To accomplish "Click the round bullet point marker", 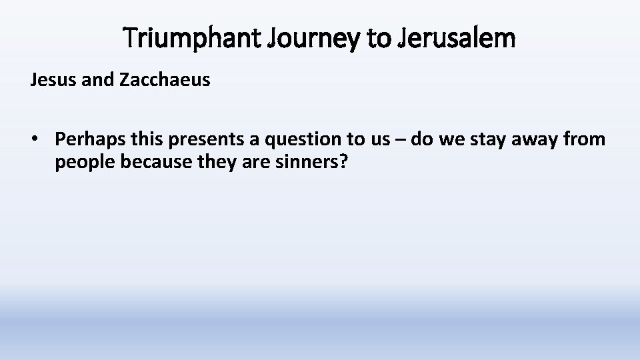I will click(x=34, y=139).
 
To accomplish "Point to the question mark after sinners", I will click(x=343, y=163).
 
